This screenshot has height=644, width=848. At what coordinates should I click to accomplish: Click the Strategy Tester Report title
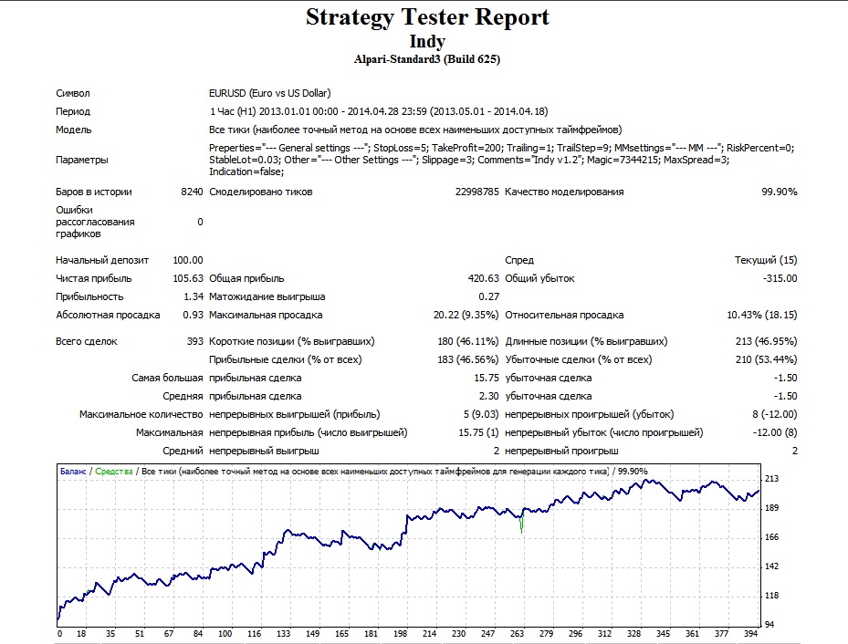tap(427, 17)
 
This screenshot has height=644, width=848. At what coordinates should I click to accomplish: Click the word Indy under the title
tap(427, 41)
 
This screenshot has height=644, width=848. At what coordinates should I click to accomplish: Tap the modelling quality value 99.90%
tap(780, 192)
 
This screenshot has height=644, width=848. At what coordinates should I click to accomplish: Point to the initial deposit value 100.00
tap(188, 260)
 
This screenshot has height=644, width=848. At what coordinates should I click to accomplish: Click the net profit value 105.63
tap(188, 278)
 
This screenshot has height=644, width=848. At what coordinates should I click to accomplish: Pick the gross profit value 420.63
tap(483, 278)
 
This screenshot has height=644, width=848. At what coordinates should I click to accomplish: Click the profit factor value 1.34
tap(194, 296)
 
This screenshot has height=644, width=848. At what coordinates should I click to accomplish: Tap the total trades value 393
tap(194, 341)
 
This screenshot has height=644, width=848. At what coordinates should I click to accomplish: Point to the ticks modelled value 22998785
tap(476, 192)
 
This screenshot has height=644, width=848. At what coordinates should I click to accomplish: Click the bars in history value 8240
tap(192, 192)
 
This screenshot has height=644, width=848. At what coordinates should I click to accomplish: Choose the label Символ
tap(73, 93)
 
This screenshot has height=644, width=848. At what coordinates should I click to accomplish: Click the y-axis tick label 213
tap(771, 479)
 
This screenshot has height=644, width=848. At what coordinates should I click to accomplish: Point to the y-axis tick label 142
tap(771, 566)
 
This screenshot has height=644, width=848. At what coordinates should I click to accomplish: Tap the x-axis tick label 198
tap(400, 634)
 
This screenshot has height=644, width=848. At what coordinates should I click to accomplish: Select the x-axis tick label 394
tap(750, 634)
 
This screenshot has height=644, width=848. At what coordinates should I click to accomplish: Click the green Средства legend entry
tap(113, 471)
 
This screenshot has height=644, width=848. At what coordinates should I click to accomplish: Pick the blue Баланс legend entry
tap(73, 471)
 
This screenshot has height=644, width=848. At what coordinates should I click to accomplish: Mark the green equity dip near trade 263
tap(522, 523)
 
